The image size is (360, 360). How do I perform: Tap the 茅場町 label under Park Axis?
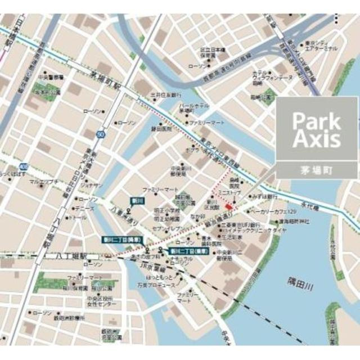(316, 169)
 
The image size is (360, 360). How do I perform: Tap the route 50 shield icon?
(100, 134)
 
